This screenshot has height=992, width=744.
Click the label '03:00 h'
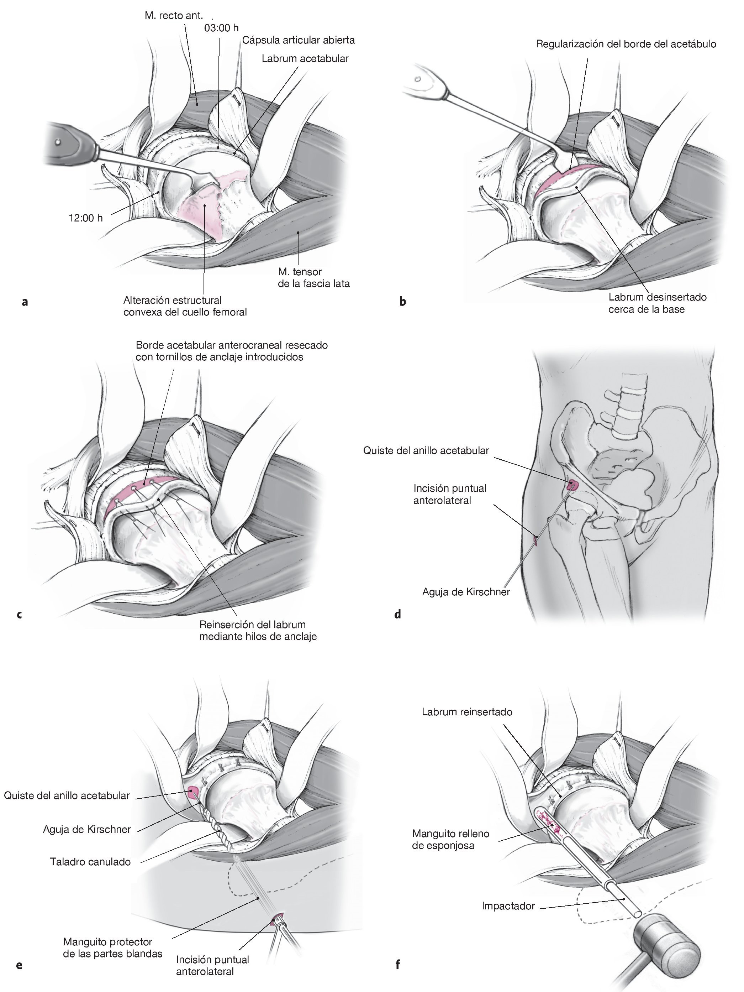coord(221,28)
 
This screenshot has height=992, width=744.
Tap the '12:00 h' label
coord(86,218)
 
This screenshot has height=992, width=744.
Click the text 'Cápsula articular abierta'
coord(299,40)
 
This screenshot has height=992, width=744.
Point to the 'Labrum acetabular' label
coord(305,59)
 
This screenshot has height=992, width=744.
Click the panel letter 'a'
coord(25,302)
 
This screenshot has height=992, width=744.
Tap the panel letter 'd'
coord(397,615)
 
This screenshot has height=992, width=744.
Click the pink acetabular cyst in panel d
coord(573,485)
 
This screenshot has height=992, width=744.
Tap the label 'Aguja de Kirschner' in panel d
coord(466,592)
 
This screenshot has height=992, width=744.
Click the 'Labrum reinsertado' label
coord(467,712)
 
